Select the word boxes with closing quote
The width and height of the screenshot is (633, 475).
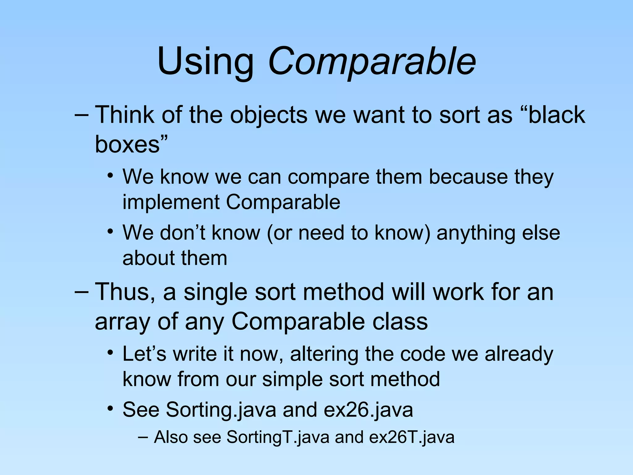tap(131, 144)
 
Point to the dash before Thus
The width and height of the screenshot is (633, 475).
tap(81, 292)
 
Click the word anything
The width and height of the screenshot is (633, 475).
tap(476, 233)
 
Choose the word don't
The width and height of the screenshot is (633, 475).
tap(180, 233)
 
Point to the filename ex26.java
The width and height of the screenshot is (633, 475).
tap(368, 410)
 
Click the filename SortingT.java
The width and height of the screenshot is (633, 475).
tap(278, 437)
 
